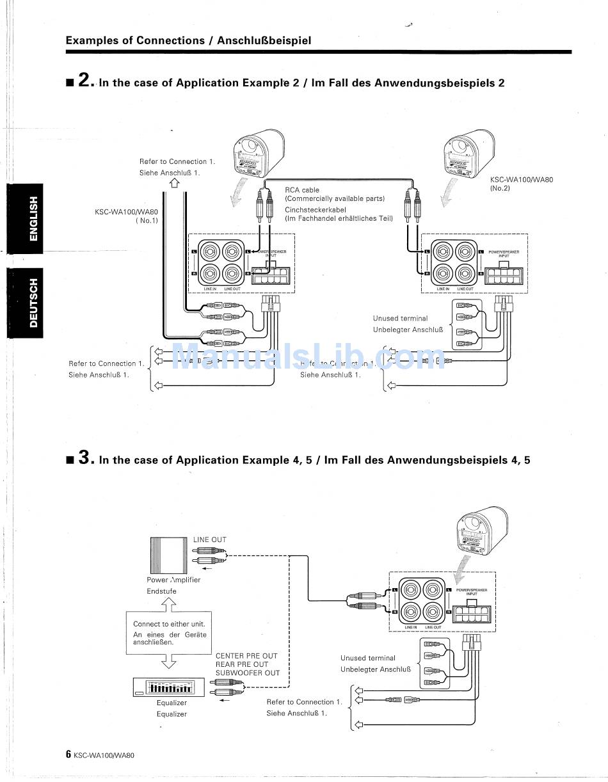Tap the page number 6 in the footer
pos(68,754)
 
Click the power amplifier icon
pos(168,555)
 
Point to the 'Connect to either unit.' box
pos(169,633)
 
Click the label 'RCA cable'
pos(302,190)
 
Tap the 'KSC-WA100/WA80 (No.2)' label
pos(521,184)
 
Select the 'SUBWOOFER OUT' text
pos(248,673)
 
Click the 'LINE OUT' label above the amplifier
pos(210,539)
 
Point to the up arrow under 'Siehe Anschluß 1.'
pos(175,184)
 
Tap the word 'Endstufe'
pos(161,591)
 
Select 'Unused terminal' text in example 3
pos(368,658)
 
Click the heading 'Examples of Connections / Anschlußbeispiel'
pos(188,41)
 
